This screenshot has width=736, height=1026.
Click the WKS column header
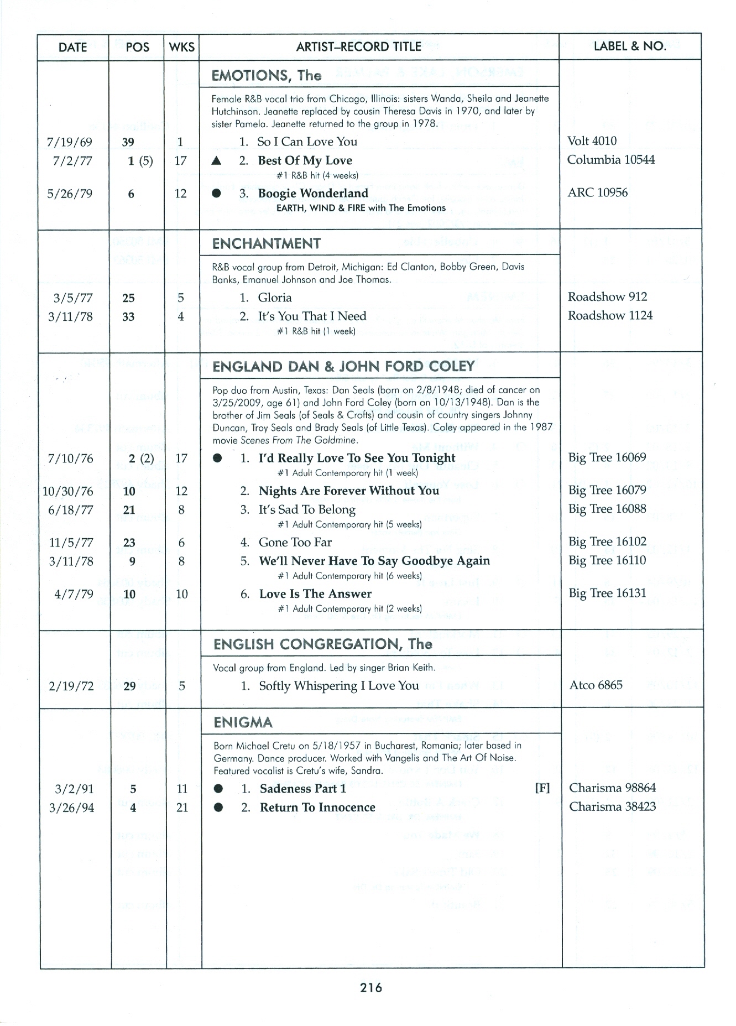[182, 47]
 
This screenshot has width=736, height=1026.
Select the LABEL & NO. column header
[629, 46]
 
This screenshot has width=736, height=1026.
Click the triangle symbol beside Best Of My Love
[217, 161]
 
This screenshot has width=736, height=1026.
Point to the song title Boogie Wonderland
[312, 193]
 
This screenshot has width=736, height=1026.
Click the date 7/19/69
[70, 142]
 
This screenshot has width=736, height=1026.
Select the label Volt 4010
[592, 141]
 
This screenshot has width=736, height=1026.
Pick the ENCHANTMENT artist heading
[266, 243]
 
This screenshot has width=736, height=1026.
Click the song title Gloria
[274, 298]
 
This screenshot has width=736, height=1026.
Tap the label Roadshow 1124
[610, 315]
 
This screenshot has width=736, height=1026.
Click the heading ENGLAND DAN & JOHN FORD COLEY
[343, 366]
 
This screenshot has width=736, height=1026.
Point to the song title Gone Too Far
[295, 543]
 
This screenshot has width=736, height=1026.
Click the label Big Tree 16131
[607, 593]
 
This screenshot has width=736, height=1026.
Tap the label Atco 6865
[596, 685]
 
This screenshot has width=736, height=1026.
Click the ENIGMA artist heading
[243, 722]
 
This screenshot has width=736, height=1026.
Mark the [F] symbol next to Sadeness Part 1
[542, 788]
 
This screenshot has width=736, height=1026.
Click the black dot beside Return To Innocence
[218, 808]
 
